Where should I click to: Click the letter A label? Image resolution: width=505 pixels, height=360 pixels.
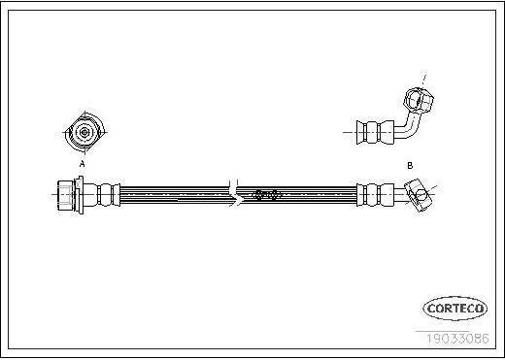(x=83, y=164)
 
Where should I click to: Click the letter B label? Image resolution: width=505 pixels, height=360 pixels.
(x=410, y=166)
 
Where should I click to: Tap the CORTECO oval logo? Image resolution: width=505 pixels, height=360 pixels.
(x=455, y=309)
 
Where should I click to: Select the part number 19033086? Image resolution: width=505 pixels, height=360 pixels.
(x=457, y=339)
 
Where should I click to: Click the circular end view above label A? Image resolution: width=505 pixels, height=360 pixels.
(x=84, y=132)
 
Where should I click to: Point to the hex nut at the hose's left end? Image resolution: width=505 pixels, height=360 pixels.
(x=66, y=195)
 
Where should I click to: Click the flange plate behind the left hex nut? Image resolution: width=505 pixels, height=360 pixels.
(x=79, y=195)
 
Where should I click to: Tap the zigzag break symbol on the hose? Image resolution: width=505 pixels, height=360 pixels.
(x=236, y=194)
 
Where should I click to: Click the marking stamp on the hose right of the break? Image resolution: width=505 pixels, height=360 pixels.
(x=265, y=195)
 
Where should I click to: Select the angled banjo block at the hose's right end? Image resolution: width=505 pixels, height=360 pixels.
(x=419, y=195)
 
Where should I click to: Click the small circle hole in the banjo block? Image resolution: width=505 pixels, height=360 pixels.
(x=421, y=195)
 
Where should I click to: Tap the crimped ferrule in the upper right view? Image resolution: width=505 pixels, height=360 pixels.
(x=375, y=132)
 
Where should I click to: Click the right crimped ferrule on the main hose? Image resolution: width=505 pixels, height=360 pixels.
(x=375, y=195)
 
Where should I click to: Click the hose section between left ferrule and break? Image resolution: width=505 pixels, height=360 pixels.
(x=175, y=195)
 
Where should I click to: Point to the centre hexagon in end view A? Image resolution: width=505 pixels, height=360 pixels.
(x=84, y=132)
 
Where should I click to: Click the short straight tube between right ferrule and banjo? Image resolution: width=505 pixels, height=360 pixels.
(x=400, y=195)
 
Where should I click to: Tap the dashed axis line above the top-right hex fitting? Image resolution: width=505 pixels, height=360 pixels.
(x=424, y=80)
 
